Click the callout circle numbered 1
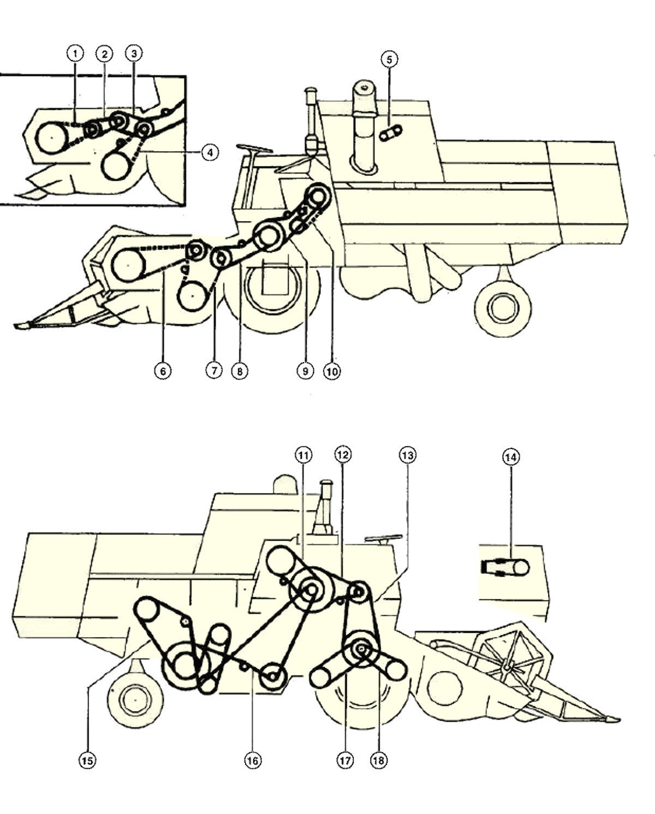tap(75, 54)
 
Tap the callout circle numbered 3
tap(134, 54)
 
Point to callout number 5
tap(390, 60)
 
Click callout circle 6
tap(163, 371)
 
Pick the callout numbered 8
tap(240, 371)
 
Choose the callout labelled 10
tap(332, 371)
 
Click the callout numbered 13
tap(407, 456)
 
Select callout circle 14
tap(510, 457)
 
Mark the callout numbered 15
tap(87, 760)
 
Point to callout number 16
tap(253, 760)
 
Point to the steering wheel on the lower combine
tap(382, 539)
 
